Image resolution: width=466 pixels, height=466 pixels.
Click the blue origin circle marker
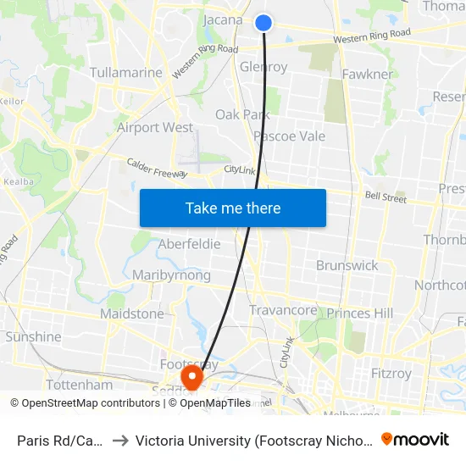(x=264, y=23)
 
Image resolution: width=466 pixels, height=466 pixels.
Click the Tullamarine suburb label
(x=125, y=73)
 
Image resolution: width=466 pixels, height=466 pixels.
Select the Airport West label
(x=155, y=128)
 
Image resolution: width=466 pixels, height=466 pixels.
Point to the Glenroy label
(x=264, y=67)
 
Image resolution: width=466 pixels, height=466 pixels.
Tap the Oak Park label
(x=241, y=114)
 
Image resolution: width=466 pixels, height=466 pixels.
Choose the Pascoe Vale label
(x=289, y=136)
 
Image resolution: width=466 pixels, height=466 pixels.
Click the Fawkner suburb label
(x=367, y=75)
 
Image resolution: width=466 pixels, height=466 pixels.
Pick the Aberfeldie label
(x=189, y=244)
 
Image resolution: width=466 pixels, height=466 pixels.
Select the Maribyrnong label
(x=171, y=275)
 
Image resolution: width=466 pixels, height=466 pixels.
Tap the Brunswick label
(x=347, y=265)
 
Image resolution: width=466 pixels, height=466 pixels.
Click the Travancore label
(x=283, y=311)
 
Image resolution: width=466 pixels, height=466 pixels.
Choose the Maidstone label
(x=132, y=313)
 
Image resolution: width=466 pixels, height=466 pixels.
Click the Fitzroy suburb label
(x=391, y=373)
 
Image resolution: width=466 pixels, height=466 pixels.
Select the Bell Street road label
(x=386, y=197)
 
